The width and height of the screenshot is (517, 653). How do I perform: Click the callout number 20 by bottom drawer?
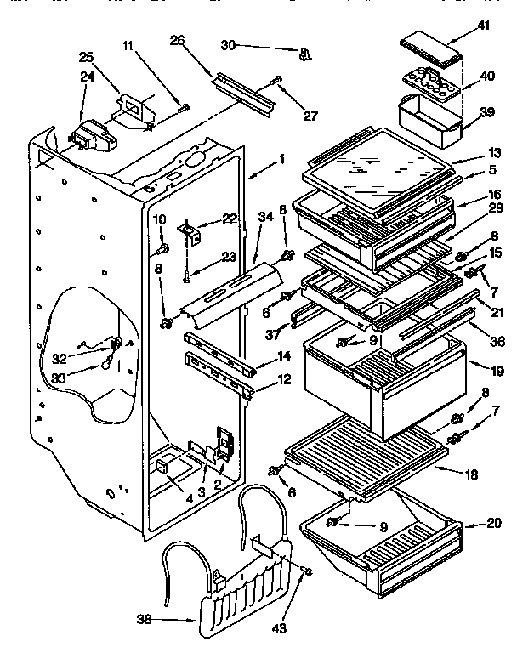tap(493, 524)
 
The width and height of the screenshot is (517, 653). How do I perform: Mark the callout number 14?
tap(284, 356)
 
